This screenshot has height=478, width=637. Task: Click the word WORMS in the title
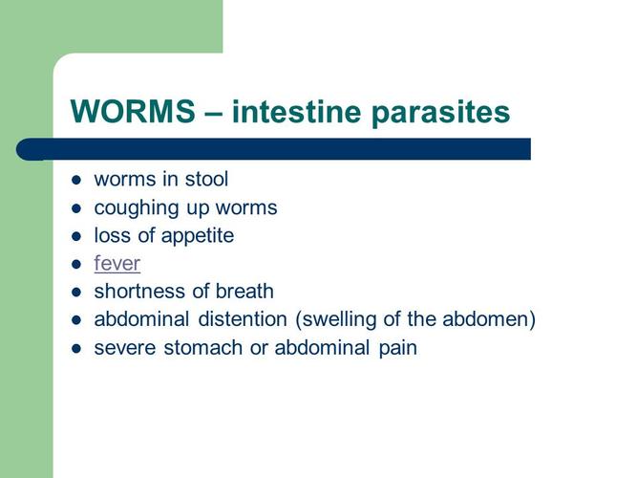click(132, 113)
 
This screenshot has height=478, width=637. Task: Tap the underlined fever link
click(117, 263)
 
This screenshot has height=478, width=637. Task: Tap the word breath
click(244, 291)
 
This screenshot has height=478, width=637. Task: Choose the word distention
click(231, 318)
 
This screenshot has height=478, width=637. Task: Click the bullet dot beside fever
click(77, 264)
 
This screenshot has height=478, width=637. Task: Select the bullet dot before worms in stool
click(77, 180)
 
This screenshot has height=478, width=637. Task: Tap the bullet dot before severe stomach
click(77, 348)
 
